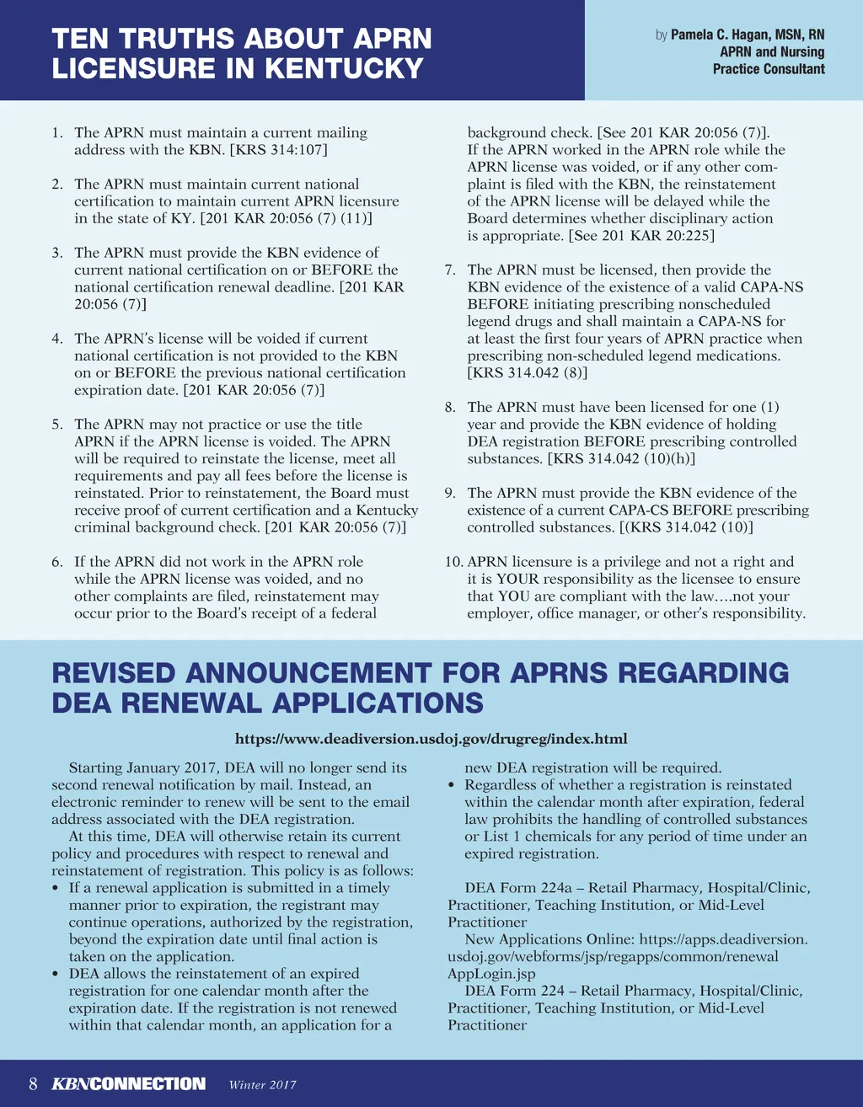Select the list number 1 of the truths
tap(56, 133)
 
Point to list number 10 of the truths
tap(453, 562)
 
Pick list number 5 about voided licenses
tap(56, 425)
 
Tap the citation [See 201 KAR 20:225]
tap(641, 236)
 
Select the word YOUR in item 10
tap(517, 579)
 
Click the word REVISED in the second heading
tap(114, 673)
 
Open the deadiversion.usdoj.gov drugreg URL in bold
tap(431, 739)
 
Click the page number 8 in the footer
tap(33, 1084)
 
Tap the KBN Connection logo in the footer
tap(128, 1084)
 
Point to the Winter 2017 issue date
tap(262, 1085)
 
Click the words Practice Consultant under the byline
tap(769, 69)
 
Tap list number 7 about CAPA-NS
tap(451, 270)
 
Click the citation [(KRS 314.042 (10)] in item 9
tap(680, 527)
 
